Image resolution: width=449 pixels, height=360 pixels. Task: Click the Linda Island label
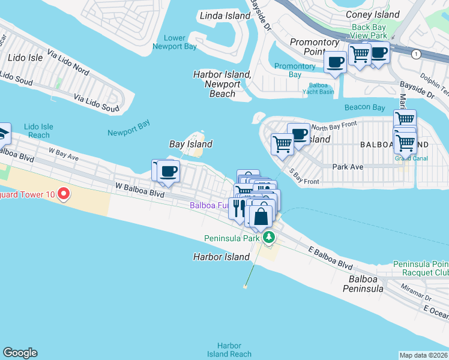click(225, 16)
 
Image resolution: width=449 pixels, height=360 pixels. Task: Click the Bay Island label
click(191, 144)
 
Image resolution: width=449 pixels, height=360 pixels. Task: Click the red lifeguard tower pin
click(64, 195)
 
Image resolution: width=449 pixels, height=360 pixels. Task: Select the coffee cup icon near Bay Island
click(169, 171)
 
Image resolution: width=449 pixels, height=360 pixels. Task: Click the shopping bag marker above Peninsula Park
click(262, 216)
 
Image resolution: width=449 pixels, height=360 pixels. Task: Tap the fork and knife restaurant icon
click(238, 209)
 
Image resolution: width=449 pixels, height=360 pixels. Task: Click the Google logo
click(20, 353)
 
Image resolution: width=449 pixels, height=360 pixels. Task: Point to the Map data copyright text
click(424, 355)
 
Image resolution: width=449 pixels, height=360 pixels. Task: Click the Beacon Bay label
click(364, 107)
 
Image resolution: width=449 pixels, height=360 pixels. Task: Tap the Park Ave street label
click(345, 166)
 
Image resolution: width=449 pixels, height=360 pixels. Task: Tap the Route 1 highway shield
click(415, 55)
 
